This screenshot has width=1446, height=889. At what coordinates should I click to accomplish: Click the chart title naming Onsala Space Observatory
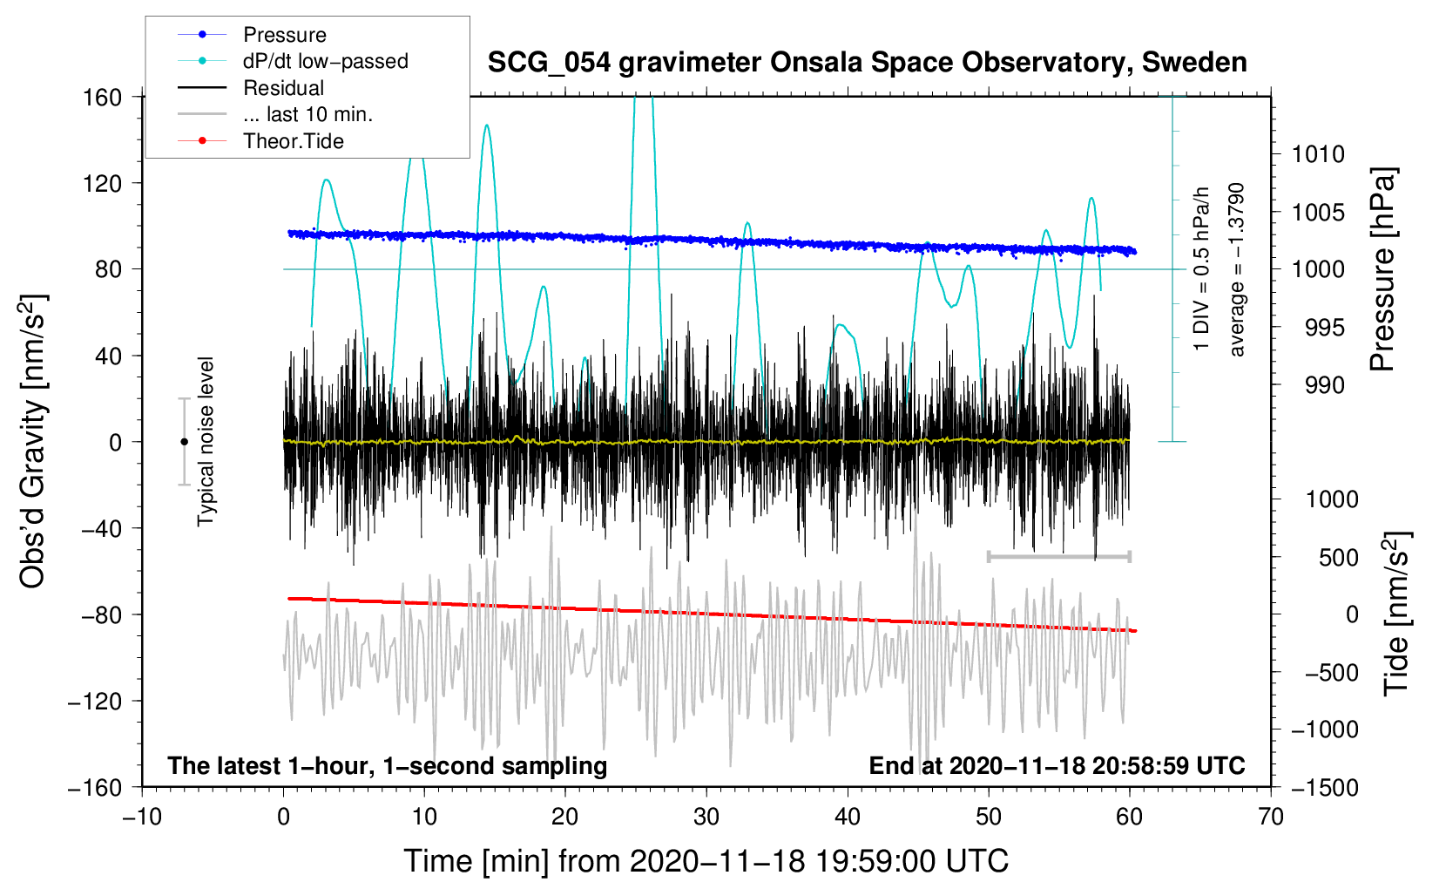coord(867,62)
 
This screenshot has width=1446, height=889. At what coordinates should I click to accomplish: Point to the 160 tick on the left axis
coord(103,98)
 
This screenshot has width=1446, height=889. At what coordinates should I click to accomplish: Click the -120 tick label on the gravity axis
coord(95,701)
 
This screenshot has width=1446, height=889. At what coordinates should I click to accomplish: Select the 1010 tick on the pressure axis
coord(1318,154)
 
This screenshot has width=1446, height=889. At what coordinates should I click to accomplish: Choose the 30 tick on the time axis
coord(706,818)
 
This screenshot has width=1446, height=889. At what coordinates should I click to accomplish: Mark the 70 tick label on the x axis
coord(1270,818)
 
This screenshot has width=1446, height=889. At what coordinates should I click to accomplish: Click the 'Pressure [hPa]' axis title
coord(1382,269)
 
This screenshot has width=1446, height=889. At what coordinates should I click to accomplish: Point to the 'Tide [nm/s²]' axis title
coord(1397,614)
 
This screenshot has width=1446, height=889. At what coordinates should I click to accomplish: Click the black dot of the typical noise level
coord(184,442)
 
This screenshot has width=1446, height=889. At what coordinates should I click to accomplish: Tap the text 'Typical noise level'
coord(206,442)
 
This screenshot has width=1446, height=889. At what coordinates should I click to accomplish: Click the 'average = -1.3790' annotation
coord(1236,269)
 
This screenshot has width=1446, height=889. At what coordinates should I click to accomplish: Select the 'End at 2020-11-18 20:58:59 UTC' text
coord(1057,765)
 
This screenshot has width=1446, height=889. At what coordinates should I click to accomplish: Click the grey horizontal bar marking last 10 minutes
coord(1058,556)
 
